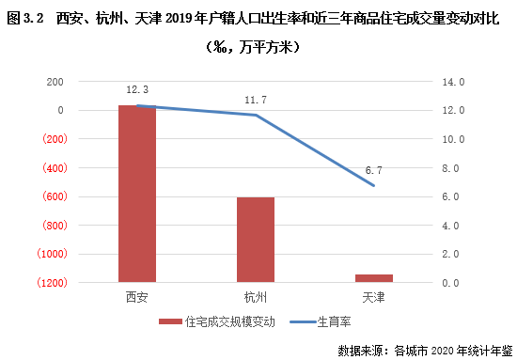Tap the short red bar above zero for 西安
pyautogui.click(x=137, y=194)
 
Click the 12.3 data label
pyautogui.click(x=137, y=89)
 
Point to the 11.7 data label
pyautogui.click(x=256, y=98)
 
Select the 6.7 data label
pyautogui.click(x=373, y=170)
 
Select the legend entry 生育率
pyautogui.click(x=328, y=321)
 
